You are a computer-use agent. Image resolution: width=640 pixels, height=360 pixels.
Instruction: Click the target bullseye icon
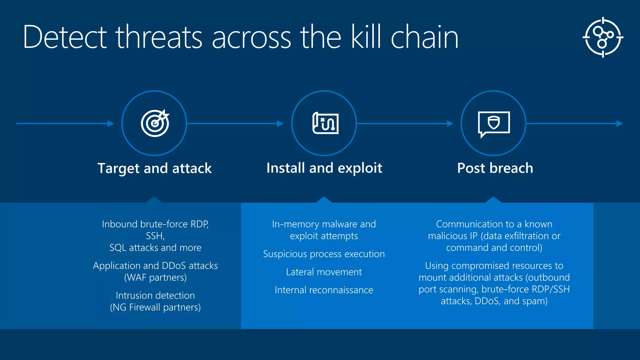pyautogui.click(x=155, y=123)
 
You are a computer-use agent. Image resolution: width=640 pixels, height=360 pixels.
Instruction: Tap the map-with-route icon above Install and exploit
pyautogui.click(x=325, y=123)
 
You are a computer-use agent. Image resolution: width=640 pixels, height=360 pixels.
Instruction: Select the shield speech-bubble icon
pyautogui.click(x=494, y=123)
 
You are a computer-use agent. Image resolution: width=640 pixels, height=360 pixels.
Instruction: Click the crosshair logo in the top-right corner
pyautogui.click(x=603, y=37)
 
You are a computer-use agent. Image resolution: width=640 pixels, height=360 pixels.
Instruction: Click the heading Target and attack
pyautogui.click(x=155, y=168)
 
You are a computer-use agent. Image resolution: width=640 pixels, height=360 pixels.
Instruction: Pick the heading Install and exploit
pyautogui.click(x=324, y=168)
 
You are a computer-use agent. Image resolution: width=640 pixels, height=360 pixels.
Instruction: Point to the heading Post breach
pyautogui.click(x=495, y=168)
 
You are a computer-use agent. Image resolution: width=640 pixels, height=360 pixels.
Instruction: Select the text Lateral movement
pyautogui.click(x=324, y=272)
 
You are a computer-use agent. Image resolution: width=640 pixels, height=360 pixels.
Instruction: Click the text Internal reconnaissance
pyautogui.click(x=324, y=290)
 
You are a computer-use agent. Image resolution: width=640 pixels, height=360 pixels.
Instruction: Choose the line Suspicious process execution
pyautogui.click(x=324, y=254)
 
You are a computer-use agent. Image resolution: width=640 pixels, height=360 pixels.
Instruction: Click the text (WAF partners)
pyautogui.click(x=155, y=277)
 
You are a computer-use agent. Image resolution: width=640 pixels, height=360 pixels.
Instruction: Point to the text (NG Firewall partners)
pyautogui.click(x=155, y=307)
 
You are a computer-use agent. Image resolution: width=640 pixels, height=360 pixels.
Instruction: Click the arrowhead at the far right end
pyautogui.click(x=619, y=124)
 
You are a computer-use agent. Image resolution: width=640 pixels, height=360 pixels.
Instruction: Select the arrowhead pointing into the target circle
pyautogui.click(x=111, y=124)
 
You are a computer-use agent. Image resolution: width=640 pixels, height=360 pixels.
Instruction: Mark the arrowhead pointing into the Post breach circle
pyautogui.click(x=450, y=124)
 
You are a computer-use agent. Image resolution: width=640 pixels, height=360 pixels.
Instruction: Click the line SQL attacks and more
pyautogui.click(x=155, y=248)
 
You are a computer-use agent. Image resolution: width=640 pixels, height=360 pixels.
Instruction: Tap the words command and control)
pyautogui.click(x=494, y=248)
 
